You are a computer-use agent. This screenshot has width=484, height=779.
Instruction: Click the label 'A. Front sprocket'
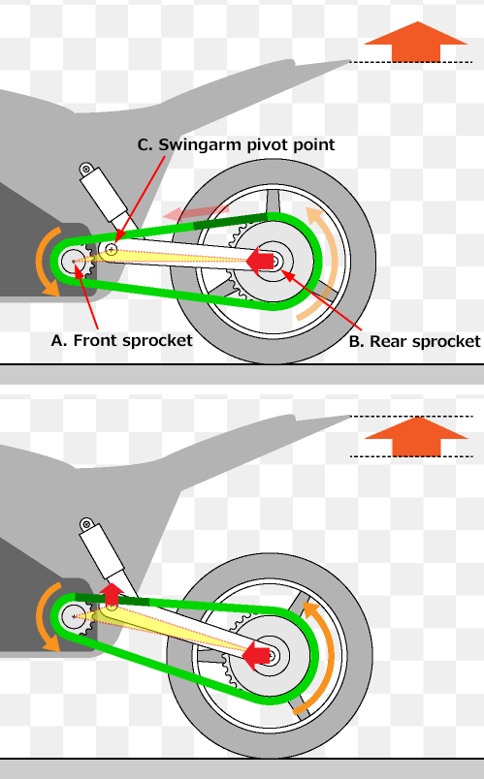tap(121, 341)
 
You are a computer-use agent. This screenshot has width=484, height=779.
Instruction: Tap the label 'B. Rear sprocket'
tap(414, 342)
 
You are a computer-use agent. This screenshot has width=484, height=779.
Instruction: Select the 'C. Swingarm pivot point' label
tap(236, 144)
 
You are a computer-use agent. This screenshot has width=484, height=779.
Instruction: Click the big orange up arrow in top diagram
tap(416, 42)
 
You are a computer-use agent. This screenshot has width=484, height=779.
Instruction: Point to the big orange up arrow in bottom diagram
tap(416, 436)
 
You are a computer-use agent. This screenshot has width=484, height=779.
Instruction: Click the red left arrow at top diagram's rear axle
tap(260, 261)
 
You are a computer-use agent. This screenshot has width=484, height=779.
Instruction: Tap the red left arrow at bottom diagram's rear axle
tap(256, 655)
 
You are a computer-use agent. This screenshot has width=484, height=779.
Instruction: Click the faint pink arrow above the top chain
tap(196, 212)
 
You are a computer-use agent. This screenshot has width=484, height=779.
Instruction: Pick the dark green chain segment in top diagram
tap(230, 222)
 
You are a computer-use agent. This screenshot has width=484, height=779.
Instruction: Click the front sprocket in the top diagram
tap(77, 261)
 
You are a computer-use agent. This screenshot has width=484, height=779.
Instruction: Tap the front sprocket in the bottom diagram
tap(77, 616)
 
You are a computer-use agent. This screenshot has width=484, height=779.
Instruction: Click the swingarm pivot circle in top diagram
tap(112, 249)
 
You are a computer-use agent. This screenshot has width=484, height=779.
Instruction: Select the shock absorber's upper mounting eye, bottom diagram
tap(86, 524)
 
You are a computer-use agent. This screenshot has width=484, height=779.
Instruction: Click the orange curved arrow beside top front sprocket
tap(40, 262)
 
